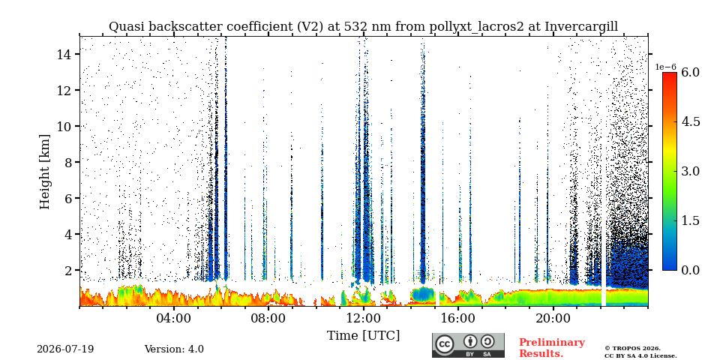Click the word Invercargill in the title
[581, 27]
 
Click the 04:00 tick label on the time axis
[174, 318]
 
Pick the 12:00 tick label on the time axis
[363, 318]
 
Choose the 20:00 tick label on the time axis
[553, 318]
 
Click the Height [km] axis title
[44, 172]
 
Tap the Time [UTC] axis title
[363, 336]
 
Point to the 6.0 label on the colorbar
[690, 72]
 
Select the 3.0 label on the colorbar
[690, 171]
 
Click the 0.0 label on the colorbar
[690, 270]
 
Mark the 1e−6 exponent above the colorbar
[665, 67]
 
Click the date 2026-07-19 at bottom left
[65, 349]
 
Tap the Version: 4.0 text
[174, 349]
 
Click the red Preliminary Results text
[552, 347]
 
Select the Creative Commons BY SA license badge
[468, 345]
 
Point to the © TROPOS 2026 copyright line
[632, 349]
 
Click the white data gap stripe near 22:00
[604, 297]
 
